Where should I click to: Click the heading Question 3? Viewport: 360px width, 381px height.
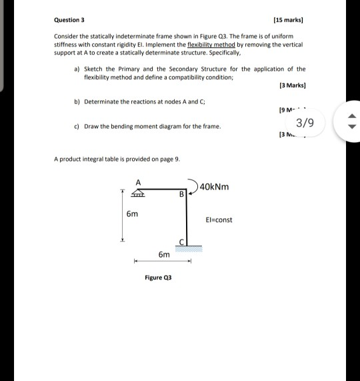[x=69, y=20]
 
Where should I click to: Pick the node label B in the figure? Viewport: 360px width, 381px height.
[x=179, y=195]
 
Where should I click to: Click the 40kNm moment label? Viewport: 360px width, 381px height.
[x=215, y=186]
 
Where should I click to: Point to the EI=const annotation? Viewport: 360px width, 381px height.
[x=219, y=220]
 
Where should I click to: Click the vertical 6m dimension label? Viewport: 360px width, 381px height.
[x=133, y=214]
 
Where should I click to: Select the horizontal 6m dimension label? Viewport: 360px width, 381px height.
[x=163, y=254]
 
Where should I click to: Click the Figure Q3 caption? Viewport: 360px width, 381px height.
[x=158, y=277]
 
